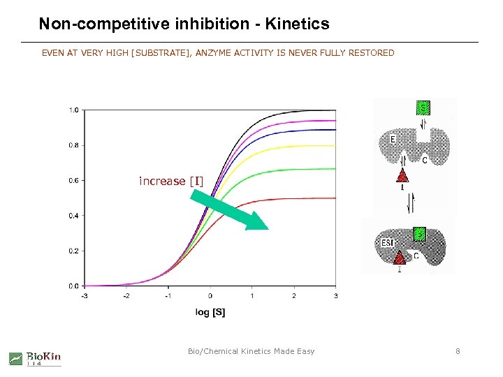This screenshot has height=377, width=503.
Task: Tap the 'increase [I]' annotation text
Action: pos(171,181)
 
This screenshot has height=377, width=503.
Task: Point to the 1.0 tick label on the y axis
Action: pos(73,110)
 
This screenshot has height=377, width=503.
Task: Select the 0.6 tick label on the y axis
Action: pos(73,181)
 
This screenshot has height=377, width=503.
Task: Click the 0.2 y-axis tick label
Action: pos(73,251)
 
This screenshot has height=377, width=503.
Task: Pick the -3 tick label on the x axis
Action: pos(84,295)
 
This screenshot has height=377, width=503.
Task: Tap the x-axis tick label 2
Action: pos(293,295)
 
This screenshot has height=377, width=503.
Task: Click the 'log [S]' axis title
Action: pos(210,312)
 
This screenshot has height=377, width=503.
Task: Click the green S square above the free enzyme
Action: pos(423,108)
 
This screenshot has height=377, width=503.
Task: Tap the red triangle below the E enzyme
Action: pos(403,175)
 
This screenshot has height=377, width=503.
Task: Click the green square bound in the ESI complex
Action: pos(418,233)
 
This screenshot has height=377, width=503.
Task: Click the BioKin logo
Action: pos(35,358)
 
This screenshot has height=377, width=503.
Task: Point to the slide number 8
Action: pos(458,351)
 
